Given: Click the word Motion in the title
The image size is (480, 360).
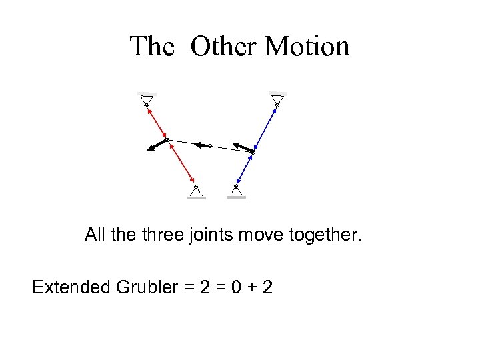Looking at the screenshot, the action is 307,47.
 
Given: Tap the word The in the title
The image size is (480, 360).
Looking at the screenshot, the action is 152,47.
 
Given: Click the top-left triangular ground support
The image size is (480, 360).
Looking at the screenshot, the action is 147,99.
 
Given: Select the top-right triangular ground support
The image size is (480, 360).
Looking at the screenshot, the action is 277,99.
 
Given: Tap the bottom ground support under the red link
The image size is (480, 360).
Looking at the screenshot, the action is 195,192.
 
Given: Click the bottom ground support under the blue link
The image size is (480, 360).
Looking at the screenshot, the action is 236,192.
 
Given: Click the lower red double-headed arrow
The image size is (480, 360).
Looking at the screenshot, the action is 181,163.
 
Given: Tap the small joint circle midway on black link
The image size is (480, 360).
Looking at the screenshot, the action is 210,145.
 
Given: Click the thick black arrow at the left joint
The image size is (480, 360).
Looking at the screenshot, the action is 157,145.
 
